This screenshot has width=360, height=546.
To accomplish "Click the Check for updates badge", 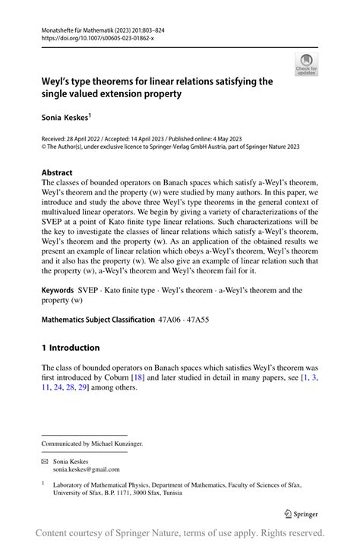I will pyautogui.click(x=306, y=65).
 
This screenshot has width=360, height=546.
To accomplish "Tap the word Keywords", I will pyautogui.click(x=63, y=290).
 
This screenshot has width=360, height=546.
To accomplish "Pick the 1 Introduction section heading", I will pyautogui.click(x=71, y=348).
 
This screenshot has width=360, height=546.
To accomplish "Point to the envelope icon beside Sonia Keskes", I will pyautogui.click(x=45, y=461).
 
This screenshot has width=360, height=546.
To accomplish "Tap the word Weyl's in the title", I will pyautogui.click(x=61, y=80).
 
